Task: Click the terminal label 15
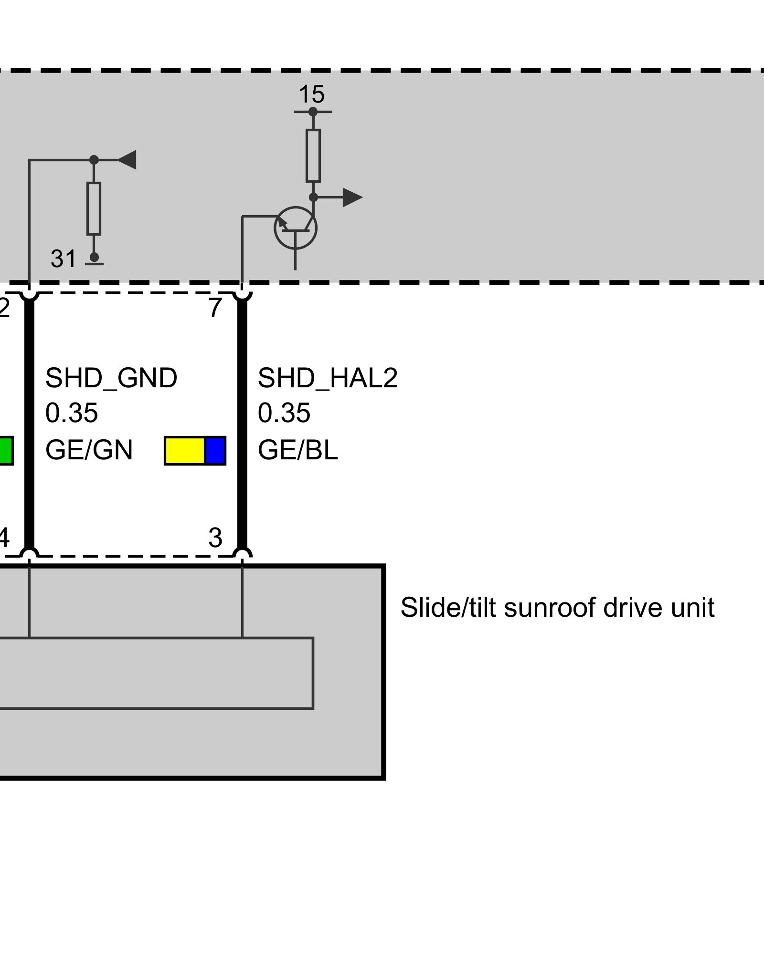[311, 94]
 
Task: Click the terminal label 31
[64, 259]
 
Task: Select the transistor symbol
[296, 228]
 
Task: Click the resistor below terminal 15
[313, 156]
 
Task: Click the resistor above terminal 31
[94, 208]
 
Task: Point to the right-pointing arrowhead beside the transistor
[352, 197]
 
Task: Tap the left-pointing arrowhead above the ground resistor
[127, 160]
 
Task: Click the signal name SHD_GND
[111, 378]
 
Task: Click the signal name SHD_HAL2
[328, 378]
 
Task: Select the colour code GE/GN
[89, 450]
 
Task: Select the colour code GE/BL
[298, 450]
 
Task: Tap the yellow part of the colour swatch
[185, 451]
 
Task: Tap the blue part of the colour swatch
[215, 451]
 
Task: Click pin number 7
[215, 308]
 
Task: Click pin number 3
[215, 538]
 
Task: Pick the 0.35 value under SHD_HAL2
[284, 413]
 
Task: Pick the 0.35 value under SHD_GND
[72, 413]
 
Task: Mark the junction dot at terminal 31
[94, 257]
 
